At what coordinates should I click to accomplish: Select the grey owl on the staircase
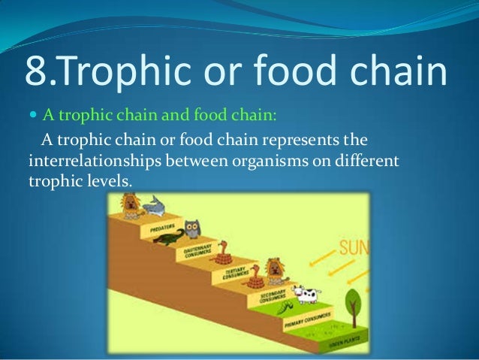192,228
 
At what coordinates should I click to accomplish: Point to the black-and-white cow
306,293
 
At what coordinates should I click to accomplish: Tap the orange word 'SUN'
354,247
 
